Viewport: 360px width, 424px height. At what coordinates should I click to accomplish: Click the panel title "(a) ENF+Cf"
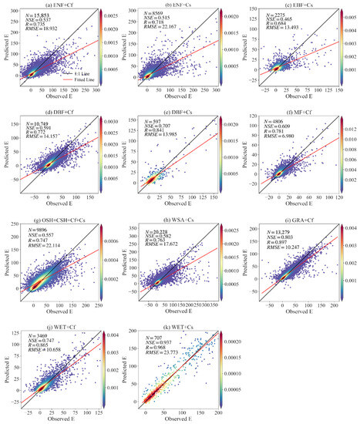(42, 6)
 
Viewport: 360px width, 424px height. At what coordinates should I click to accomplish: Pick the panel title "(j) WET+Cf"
(41, 326)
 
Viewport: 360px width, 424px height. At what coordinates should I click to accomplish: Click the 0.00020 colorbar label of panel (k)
(234, 338)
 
